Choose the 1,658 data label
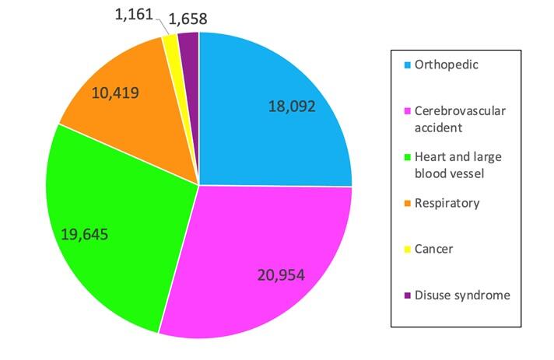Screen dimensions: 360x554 [188, 19]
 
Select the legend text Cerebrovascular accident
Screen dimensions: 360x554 [460, 118]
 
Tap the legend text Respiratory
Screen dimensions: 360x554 [446, 203]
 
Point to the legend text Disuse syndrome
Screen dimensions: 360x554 [461, 295]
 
